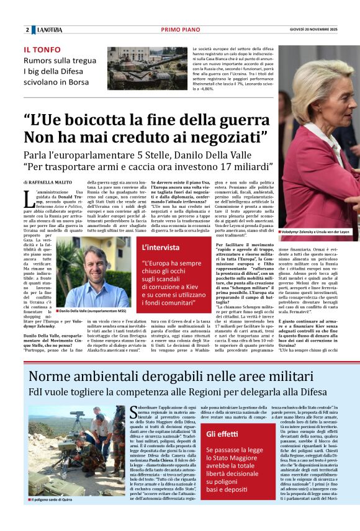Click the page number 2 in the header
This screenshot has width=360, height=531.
pos(27,30)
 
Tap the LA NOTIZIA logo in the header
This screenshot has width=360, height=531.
pos(48,30)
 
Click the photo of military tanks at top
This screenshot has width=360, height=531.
pos(147,67)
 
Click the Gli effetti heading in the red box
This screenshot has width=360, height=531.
pos(222,434)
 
